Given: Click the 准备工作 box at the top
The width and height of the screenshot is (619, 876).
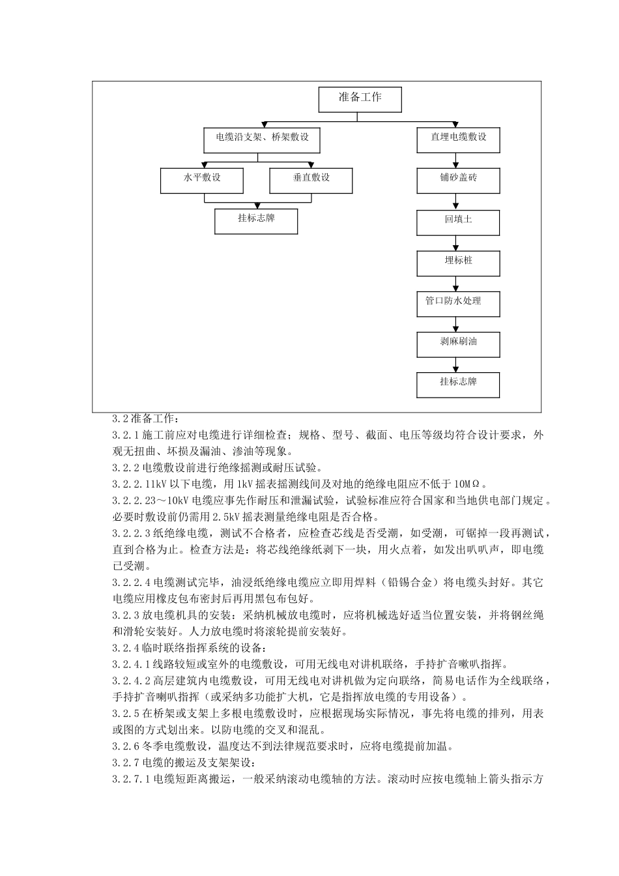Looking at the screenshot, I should (x=360, y=99).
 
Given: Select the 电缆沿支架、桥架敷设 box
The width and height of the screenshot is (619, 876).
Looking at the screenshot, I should (x=263, y=139).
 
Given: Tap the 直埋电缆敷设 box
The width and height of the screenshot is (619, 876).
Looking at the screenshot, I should (x=458, y=139).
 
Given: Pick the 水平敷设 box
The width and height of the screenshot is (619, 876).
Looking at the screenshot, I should (x=202, y=179).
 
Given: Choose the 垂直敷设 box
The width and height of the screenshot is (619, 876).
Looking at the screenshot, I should (x=311, y=179).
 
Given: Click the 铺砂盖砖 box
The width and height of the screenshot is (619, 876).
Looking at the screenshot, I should (x=458, y=179).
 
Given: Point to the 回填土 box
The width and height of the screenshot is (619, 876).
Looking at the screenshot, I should (x=458, y=222).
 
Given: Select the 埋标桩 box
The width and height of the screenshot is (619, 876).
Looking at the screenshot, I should (x=458, y=262).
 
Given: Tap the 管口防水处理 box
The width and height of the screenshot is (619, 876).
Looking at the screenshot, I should (x=458, y=302).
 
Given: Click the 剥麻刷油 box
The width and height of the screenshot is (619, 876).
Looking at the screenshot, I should (x=458, y=343).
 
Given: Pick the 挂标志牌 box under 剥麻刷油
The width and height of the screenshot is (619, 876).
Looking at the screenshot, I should (x=458, y=384).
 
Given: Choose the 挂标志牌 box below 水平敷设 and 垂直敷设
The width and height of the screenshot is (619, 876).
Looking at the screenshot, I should (x=256, y=220).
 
